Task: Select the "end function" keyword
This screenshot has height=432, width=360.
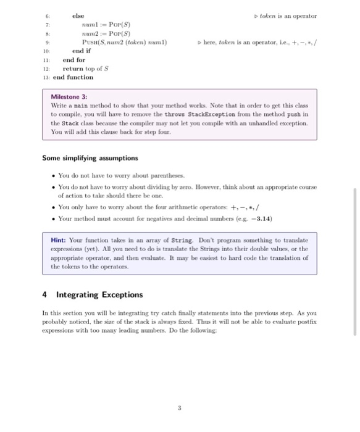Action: [73, 77]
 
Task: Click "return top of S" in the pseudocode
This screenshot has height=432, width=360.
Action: [86, 69]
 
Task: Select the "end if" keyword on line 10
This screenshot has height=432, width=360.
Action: [82, 51]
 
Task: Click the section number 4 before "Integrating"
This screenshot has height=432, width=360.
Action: [44, 294]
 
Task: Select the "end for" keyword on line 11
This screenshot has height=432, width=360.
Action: [74, 60]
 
